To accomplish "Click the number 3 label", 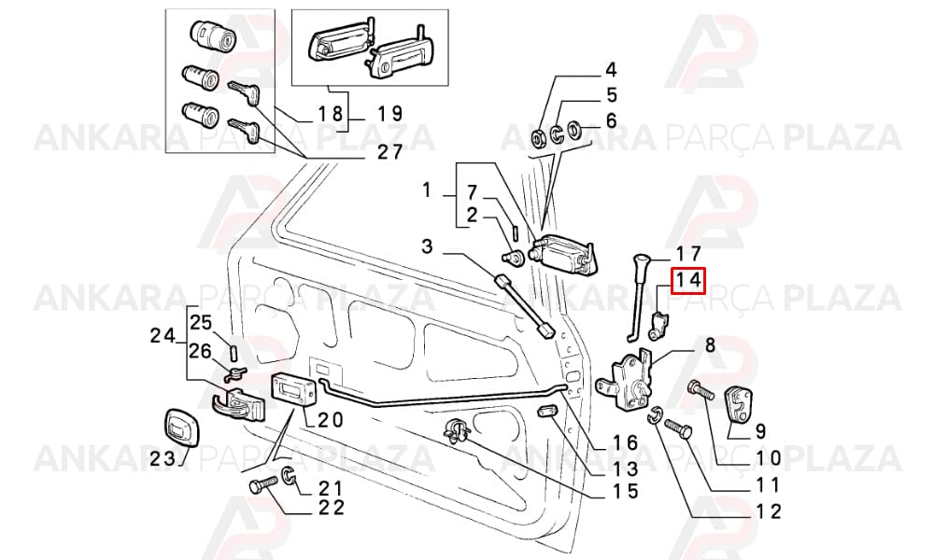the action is tap(427, 245).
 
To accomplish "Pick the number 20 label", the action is tap(331, 420).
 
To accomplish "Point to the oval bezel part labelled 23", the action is tap(180, 427).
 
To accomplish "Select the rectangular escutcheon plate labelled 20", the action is tap(292, 390).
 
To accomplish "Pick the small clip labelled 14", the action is tap(658, 326).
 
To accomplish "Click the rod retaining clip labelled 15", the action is tap(458, 432).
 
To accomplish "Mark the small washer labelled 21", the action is tap(290, 475).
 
